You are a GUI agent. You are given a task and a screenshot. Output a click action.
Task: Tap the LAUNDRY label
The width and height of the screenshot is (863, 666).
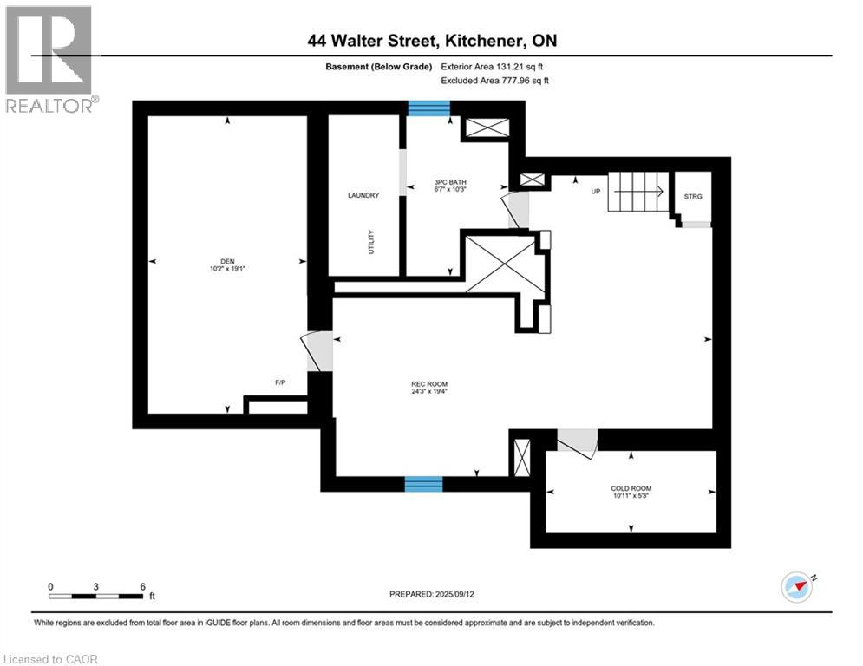click(363, 196)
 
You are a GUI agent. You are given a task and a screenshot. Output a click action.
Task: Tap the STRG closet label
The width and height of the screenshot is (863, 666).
click(693, 197)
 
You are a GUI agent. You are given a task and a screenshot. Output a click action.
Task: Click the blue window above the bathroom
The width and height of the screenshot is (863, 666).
click(429, 108)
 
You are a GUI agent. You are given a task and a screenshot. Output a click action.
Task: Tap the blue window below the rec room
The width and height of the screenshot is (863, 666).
click(423, 483)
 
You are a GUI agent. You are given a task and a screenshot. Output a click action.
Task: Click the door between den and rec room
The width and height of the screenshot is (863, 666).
click(317, 350)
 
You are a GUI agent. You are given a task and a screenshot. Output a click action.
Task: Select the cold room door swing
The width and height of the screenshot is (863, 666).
click(577, 441)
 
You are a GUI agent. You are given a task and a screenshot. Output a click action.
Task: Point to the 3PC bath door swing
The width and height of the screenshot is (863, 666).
click(516, 210)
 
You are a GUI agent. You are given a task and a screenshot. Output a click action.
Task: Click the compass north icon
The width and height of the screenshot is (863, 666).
click(797, 586)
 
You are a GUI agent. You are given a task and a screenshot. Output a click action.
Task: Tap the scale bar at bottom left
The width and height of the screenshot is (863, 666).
click(96, 595)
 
